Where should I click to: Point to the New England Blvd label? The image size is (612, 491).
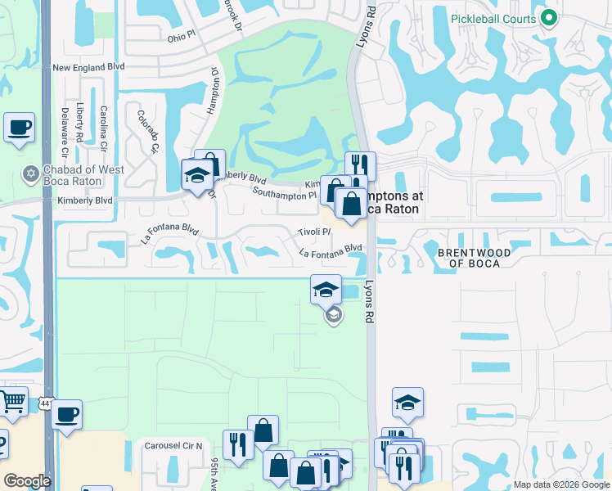pyautogui.click(x=88, y=68)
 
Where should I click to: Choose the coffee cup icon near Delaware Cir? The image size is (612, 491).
pyautogui.click(x=19, y=128)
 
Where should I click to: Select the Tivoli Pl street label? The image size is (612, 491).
pyautogui.click(x=314, y=232)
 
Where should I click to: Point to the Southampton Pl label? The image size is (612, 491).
pyautogui.click(x=284, y=195)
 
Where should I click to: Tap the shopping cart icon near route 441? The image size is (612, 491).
pyautogui.click(x=13, y=402)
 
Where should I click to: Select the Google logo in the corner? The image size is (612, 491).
pyautogui.click(x=27, y=481)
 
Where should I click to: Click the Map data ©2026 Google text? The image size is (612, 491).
pyautogui.click(x=560, y=484)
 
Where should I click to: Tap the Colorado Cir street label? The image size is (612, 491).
pyautogui.click(x=147, y=133)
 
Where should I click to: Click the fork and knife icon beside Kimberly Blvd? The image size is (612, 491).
pyautogui.click(x=360, y=167)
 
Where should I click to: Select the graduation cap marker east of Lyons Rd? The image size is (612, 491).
pyautogui.click(x=407, y=402)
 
